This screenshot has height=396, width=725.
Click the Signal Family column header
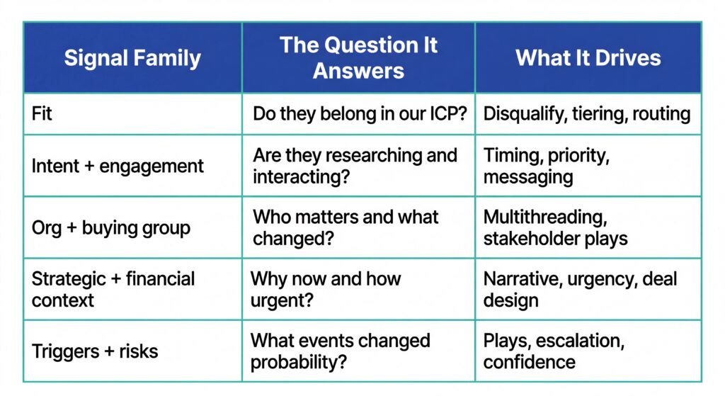coord(132,57)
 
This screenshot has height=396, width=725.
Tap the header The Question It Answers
coord(358,57)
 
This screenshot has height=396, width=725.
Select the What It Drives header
coord(588,57)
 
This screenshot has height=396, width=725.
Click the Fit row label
coord(42,113)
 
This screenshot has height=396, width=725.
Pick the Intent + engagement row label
coord(118,166)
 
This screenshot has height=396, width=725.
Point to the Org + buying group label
coord(111,227)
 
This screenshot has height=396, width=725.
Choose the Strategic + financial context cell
coord(113,288)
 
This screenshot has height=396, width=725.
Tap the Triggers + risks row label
coord(95,351)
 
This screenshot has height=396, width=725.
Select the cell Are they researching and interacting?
coord(355,166)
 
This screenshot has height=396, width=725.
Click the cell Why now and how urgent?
coord(326,288)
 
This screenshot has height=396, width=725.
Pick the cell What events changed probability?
coord(340,351)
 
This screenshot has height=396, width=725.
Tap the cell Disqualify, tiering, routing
coord(587,113)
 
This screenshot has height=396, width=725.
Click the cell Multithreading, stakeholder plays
coord(556,227)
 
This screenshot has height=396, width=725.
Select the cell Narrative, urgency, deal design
coord(580,288)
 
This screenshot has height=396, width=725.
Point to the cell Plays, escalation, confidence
coord(554,351)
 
